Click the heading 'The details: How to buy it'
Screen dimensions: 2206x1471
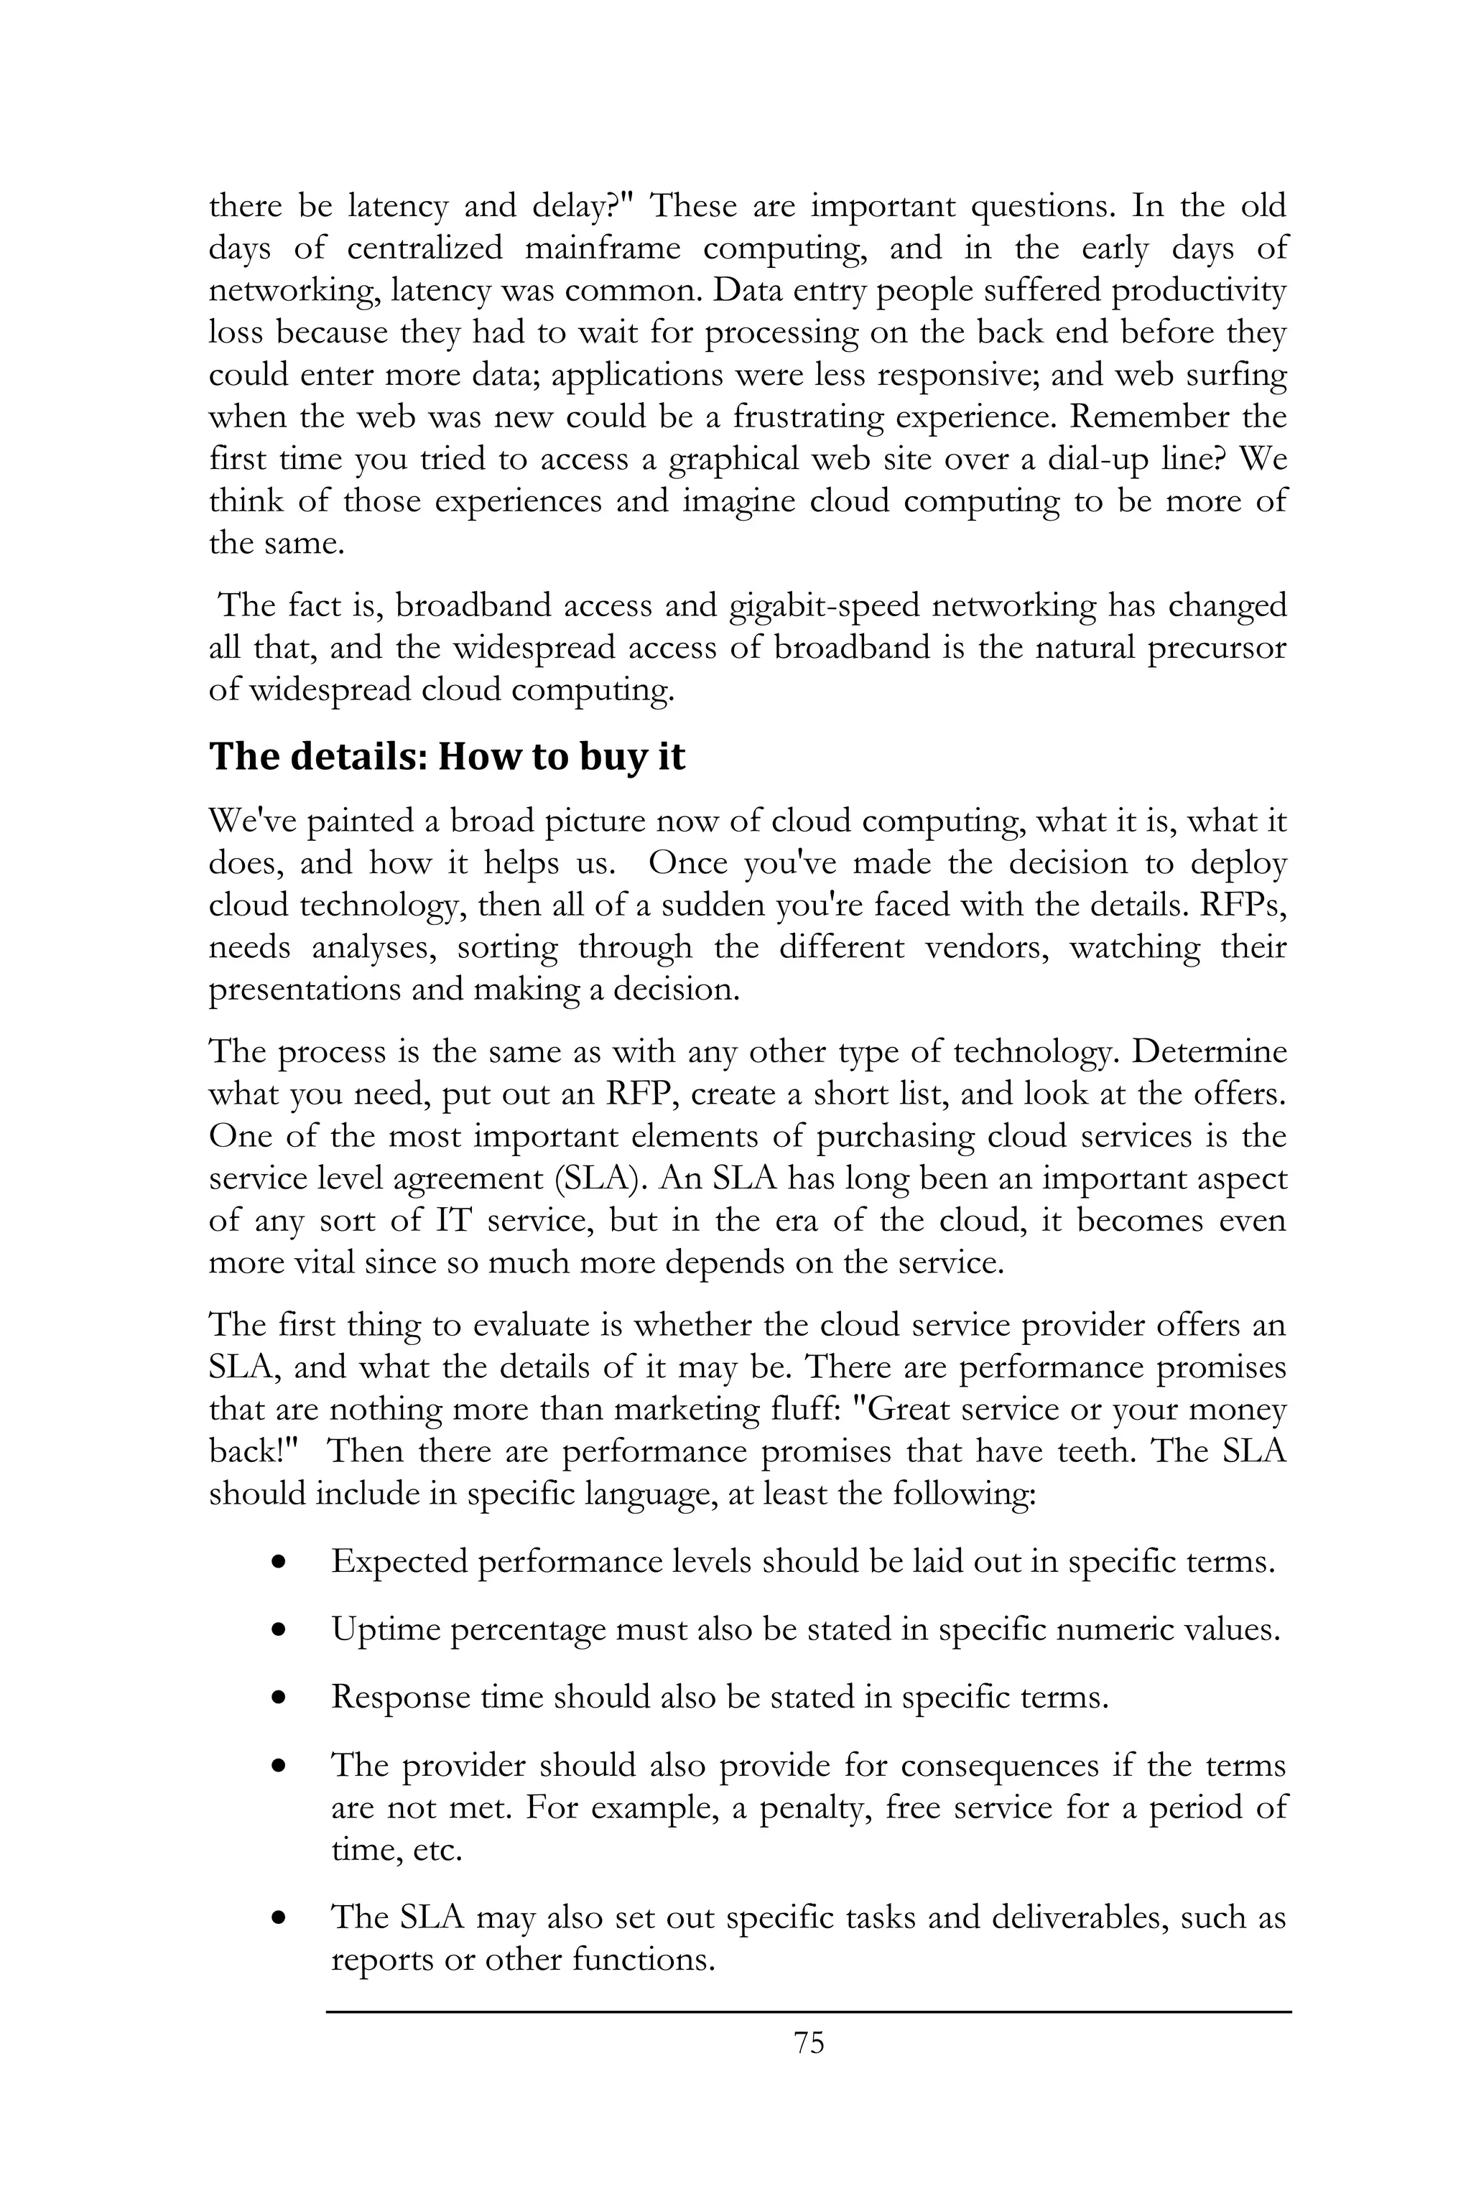pos(447,757)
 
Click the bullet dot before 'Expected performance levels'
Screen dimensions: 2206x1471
pos(278,1563)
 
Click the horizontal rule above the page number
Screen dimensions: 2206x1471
pos(809,2011)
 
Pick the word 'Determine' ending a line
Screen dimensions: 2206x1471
pos(1208,1051)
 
